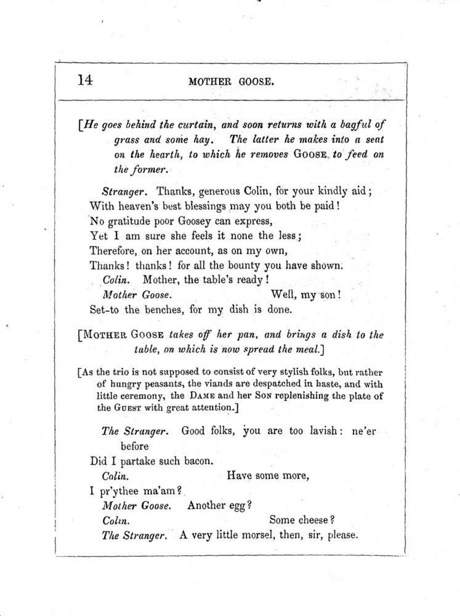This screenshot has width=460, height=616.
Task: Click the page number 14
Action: (x=86, y=80)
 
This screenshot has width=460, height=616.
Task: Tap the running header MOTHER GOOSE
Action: (x=231, y=81)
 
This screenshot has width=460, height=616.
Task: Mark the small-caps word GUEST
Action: (x=127, y=407)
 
